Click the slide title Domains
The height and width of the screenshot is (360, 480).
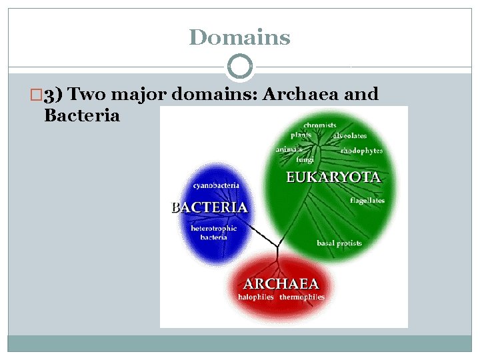(x=239, y=37)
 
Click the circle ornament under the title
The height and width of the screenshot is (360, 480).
(x=240, y=67)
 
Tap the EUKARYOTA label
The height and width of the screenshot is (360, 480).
(x=333, y=177)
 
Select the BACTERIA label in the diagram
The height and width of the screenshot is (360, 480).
(x=210, y=207)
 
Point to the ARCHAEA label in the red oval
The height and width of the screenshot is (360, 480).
(x=280, y=283)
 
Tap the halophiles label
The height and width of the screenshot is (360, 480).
(x=256, y=297)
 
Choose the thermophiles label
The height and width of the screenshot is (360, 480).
(x=302, y=297)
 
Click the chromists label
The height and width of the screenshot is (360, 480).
(x=319, y=125)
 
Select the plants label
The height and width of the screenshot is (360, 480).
(x=301, y=135)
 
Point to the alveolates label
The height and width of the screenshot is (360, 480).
(x=349, y=136)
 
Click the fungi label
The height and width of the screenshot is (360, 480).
(x=305, y=160)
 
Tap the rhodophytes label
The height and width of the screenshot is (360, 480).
(x=361, y=151)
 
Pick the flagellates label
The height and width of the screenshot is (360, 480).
(x=367, y=201)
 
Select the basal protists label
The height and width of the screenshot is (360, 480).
(x=339, y=243)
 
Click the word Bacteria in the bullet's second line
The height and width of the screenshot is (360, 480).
(x=81, y=115)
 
